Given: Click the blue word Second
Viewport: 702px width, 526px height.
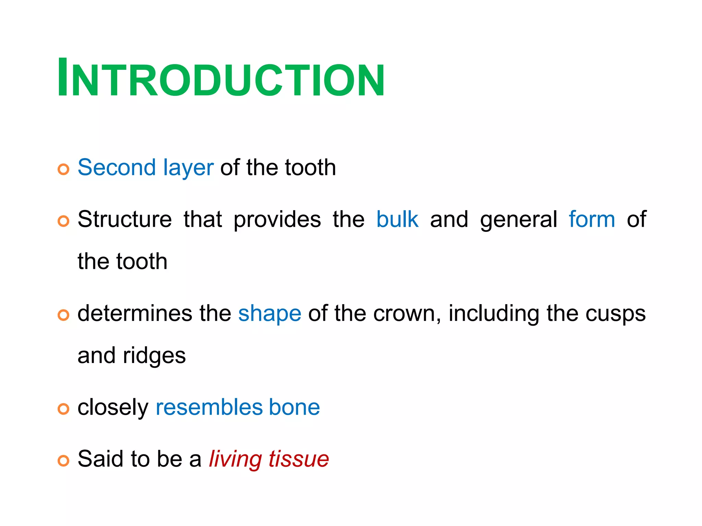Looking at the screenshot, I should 117,167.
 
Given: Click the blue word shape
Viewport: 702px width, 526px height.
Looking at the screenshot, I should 270,314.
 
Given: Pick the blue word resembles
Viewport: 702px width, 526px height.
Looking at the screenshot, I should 209,407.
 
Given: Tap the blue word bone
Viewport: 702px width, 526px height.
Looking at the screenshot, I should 294,407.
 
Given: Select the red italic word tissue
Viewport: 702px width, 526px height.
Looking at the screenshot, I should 299,459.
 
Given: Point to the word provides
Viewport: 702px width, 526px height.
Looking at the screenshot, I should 277,220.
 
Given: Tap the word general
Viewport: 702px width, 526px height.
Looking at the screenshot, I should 519,220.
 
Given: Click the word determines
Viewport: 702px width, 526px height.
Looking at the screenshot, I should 135,313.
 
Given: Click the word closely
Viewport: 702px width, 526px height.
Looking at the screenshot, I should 113,408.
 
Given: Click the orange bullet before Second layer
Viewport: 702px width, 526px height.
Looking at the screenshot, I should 63,169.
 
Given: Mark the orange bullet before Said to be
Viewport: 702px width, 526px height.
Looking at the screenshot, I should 63,461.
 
